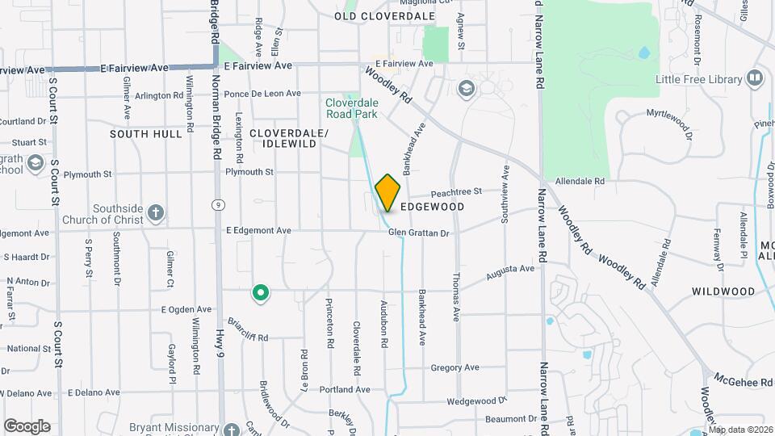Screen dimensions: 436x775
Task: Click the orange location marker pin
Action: click(388, 192)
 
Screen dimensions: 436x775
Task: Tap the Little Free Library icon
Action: click(755, 78)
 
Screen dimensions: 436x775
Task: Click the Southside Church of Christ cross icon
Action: click(157, 214)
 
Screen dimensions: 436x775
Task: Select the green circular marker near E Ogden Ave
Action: click(260, 293)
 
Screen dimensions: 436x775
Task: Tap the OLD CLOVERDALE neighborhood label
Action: click(384, 16)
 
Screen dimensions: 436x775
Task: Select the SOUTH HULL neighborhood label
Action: click(146, 134)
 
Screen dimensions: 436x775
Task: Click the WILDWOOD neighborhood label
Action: click(723, 291)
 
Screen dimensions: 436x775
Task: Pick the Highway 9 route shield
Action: click(217, 205)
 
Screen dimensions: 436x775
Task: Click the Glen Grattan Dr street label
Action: click(418, 233)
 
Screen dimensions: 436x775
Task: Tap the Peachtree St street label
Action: click(456, 192)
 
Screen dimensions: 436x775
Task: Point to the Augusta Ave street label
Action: click(510, 273)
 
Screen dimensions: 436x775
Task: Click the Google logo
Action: click(27, 426)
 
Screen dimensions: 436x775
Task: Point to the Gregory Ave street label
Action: click(455, 368)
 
